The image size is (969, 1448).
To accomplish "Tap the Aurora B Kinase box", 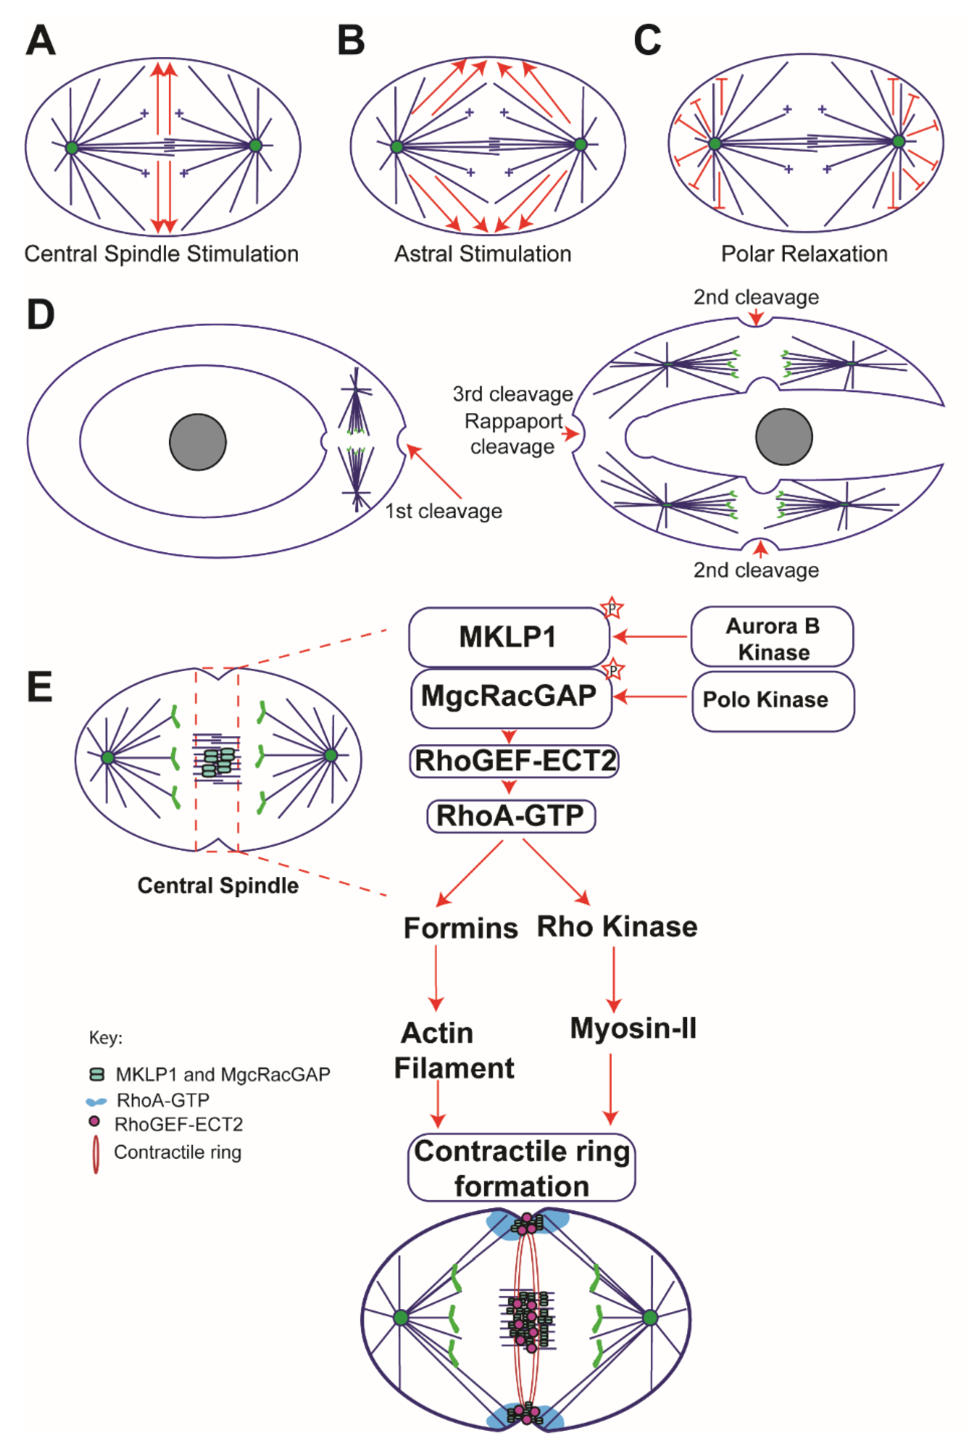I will click(772, 638).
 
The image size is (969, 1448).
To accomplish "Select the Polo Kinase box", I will click(773, 700).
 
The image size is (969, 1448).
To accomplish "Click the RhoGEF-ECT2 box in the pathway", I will click(514, 761).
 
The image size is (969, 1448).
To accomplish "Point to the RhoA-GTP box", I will click(511, 816).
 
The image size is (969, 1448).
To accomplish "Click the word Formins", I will click(460, 928).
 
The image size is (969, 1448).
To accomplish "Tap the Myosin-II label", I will click(633, 1028).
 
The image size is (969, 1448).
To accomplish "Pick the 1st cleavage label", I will click(443, 511).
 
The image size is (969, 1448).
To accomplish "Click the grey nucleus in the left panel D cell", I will click(198, 442).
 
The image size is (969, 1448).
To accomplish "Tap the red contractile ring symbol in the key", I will click(96, 1154).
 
